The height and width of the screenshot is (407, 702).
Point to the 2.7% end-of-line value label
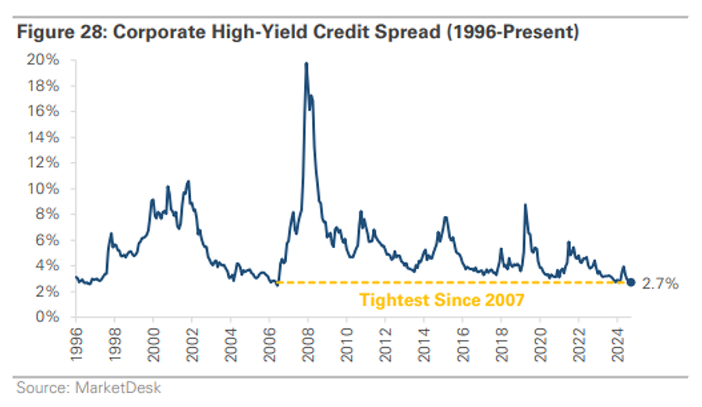pos(660,284)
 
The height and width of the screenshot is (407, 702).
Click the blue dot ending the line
pos(630,282)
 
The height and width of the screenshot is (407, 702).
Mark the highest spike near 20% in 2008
pos(307,64)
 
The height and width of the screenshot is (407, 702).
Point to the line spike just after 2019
pos(526,206)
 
